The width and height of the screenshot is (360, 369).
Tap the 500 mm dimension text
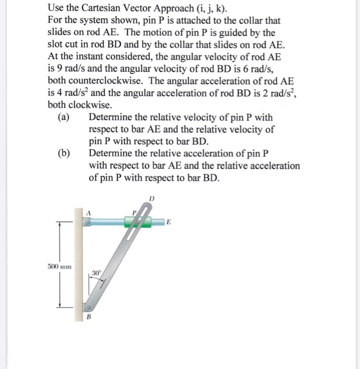[x=59, y=266]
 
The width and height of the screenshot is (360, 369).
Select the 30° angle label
[x=95, y=273]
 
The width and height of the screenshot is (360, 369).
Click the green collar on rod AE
[x=138, y=222]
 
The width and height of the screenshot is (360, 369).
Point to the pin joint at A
[x=89, y=222]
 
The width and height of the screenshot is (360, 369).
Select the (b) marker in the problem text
[x=64, y=153]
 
